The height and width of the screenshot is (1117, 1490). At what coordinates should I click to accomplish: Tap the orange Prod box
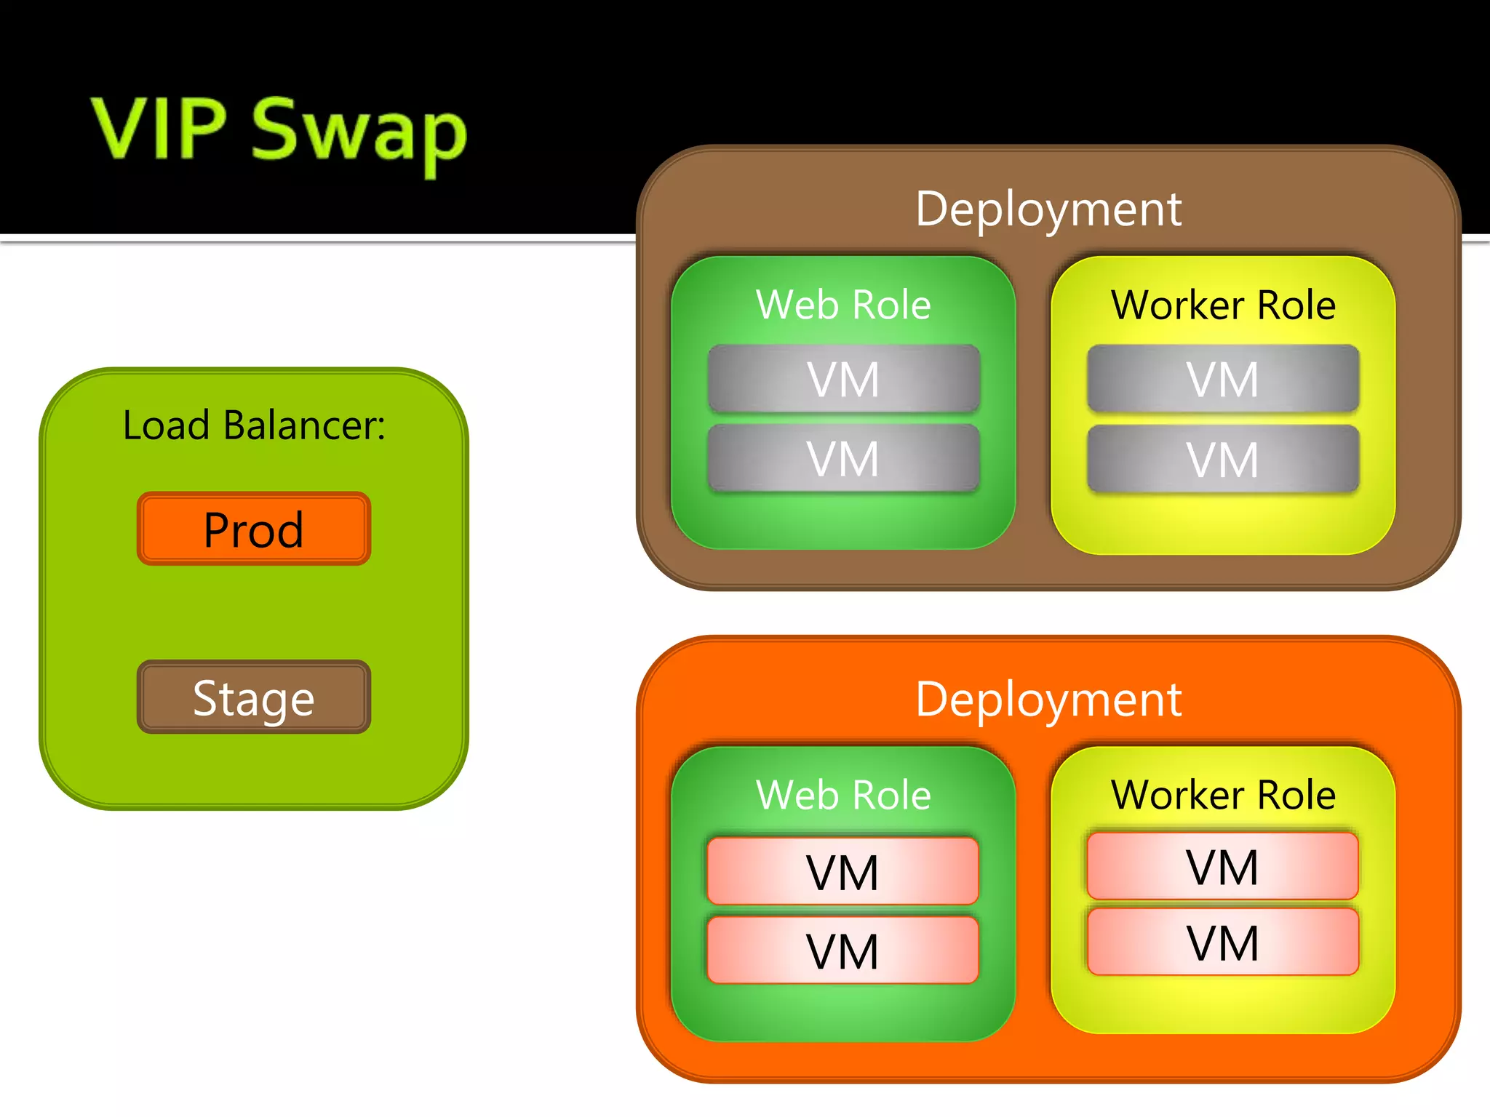coord(254,529)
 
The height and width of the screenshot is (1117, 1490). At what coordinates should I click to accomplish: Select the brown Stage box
coord(254,697)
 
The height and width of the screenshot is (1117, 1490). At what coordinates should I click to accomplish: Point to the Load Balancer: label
coord(254,425)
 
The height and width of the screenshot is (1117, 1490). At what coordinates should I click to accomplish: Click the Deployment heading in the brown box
coord(1048,209)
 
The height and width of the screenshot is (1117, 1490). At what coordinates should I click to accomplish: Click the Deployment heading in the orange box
coord(1048,700)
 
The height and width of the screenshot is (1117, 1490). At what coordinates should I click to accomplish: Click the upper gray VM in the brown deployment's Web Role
coord(843,379)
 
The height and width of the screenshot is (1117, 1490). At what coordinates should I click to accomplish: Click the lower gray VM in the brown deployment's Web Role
coord(843,458)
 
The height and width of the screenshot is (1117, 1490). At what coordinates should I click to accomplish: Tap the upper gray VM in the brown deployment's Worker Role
coord(1223,379)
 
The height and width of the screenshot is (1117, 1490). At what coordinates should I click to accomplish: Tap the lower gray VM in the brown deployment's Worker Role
coord(1223,459)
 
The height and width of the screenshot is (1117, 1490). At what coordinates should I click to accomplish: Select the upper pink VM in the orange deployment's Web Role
coord(843,871)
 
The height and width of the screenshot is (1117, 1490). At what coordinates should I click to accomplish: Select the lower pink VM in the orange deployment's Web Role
coord(843,950)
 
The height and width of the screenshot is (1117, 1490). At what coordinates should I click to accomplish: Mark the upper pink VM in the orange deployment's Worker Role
coord(1223,866)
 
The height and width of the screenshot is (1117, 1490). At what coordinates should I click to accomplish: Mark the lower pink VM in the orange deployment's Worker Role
coord(1223,942)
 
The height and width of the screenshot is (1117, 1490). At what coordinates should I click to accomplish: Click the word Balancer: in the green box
coord(304,425)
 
